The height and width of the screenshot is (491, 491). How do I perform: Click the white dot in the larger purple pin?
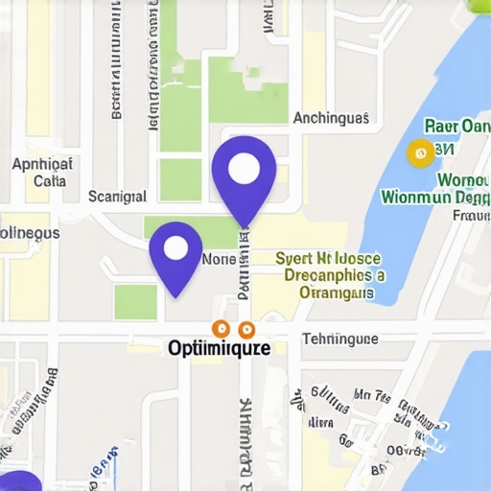[x=245, y=169]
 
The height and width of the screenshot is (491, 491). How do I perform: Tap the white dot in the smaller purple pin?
[x=176, y=249]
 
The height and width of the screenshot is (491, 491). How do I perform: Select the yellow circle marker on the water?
[x=418, y=152]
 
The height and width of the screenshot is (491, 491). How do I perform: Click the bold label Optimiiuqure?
[x=220, y=349]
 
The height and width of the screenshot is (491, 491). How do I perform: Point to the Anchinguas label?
[x=330, y=119]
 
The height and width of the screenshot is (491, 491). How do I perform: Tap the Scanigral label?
[x=117, y=197]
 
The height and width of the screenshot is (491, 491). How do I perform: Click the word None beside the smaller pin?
[x=219, y=260]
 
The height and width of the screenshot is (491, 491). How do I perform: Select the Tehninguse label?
[x=339, y=339]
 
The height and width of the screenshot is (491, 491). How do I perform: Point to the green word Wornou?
[x=464, y=179]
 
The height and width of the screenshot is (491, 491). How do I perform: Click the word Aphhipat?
[x=43, y=163]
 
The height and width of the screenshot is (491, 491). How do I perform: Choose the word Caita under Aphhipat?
[x=50, y=180]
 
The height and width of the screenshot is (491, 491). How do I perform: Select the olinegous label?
[x=29, y=233]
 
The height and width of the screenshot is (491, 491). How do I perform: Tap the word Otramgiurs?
[x=336, y=292]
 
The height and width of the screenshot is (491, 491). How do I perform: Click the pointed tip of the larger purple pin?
[x=245, y=226]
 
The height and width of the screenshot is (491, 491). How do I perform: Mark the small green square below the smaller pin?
[x=135, y=301]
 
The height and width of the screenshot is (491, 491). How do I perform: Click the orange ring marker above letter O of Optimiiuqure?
[x=219, y=329]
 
